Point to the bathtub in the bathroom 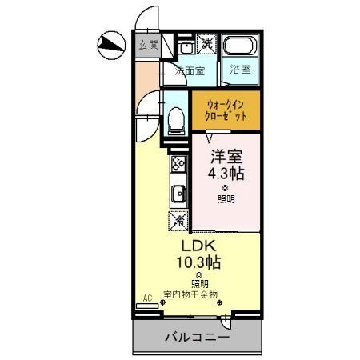point(238,46)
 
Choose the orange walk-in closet point(226,110)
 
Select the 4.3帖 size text point(226,173)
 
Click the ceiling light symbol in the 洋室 point(225,188)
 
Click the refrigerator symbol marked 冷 point(178,218)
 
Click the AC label point(147,298)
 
